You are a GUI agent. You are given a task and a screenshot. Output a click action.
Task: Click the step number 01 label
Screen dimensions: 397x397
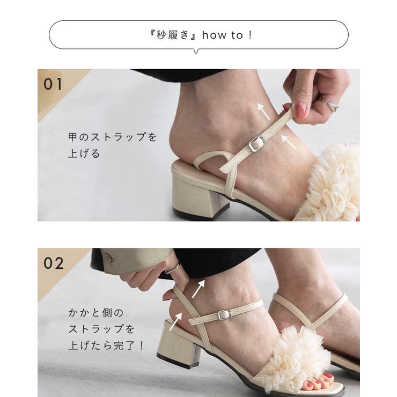pos(53,84)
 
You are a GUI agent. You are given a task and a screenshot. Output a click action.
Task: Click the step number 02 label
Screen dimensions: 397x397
pos(53,263)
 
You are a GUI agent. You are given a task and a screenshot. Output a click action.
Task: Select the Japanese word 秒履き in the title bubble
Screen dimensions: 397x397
pos(173,35)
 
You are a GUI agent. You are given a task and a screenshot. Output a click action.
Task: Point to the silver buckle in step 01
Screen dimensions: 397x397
pos(258,143)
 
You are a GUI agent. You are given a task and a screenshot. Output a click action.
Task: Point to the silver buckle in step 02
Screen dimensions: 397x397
pos(225,314)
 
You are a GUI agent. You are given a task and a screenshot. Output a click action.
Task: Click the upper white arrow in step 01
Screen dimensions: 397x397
pos(263,111)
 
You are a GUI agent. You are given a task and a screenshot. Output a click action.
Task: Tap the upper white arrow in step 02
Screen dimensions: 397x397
pos(198,288)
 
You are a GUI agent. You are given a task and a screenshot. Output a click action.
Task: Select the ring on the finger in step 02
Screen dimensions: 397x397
pos(173,269)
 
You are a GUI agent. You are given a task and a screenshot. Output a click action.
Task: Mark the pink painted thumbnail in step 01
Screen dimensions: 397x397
pos(301,111)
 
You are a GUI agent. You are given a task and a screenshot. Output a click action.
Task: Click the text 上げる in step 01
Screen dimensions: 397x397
pos(84,154)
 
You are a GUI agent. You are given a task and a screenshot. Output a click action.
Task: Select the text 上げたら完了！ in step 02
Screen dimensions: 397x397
pos(106,345)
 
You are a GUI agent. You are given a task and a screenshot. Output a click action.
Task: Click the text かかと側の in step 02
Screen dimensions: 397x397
pos(96,312)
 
